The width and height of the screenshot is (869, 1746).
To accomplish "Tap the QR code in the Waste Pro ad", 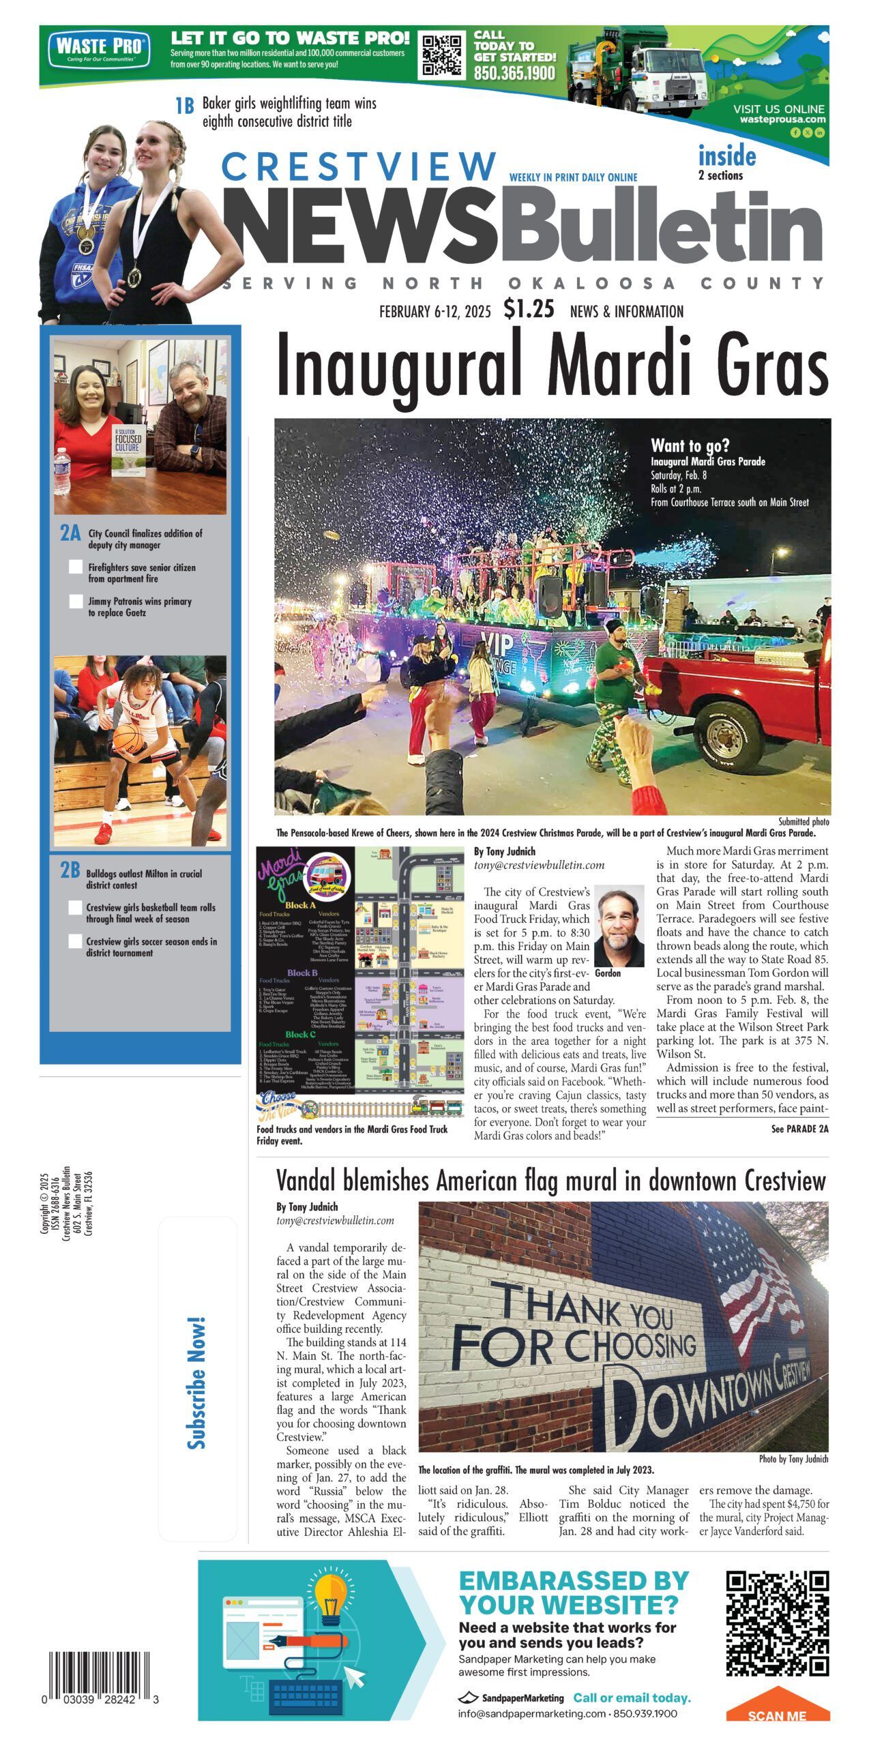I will click(441, 55).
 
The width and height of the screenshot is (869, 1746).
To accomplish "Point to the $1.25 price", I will click(529, 309).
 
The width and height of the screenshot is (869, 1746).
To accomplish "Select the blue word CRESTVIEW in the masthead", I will click(359, 166).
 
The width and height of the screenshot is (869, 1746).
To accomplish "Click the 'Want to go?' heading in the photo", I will click(690, 446).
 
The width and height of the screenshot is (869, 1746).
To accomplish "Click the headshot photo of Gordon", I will click(619, 926).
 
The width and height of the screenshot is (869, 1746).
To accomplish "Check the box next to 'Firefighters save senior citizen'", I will click(76, 567).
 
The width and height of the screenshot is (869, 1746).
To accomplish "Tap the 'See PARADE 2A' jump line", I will click(799, 1129).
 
